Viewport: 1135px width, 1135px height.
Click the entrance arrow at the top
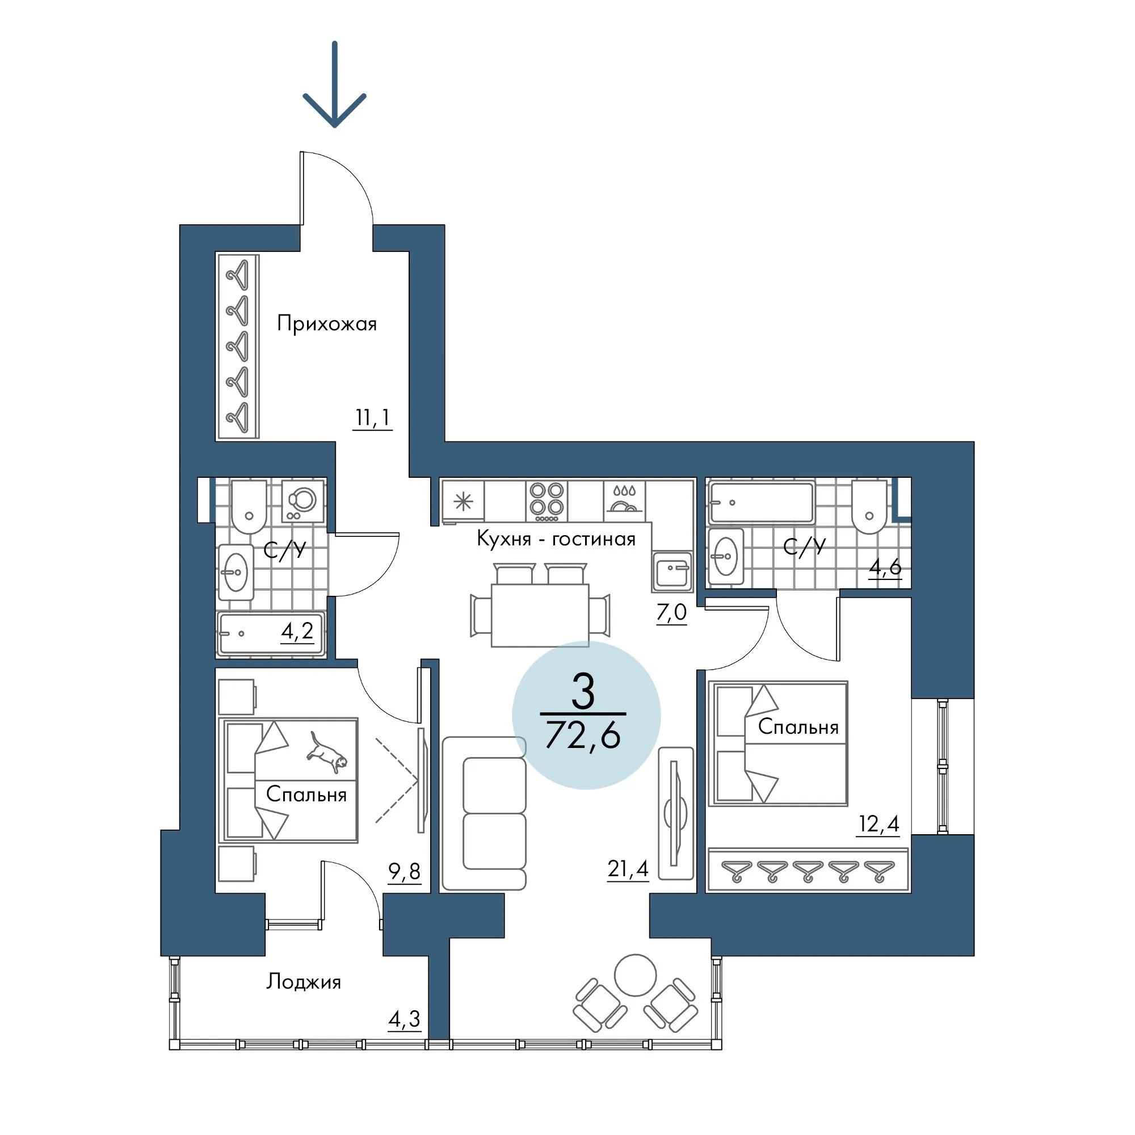pos(334,84)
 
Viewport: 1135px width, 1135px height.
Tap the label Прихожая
pos(327,323)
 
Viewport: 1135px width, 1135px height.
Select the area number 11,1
pos(372,418)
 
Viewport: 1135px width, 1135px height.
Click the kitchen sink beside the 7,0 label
pos(672,571)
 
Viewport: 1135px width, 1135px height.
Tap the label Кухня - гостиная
pos(556,539)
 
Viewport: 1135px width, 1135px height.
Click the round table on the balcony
pos(635,974)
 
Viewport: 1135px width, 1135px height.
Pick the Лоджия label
pos(304,982)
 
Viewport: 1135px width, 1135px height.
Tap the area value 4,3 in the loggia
pos(404,1018)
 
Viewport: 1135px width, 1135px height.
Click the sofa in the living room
pos(484,814)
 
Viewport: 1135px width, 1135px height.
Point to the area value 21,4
pos(628,868)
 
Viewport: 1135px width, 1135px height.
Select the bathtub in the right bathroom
pos(762,502)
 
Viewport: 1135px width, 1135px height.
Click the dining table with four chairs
pos(540,606)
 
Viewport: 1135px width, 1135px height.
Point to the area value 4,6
pos(885,567)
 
